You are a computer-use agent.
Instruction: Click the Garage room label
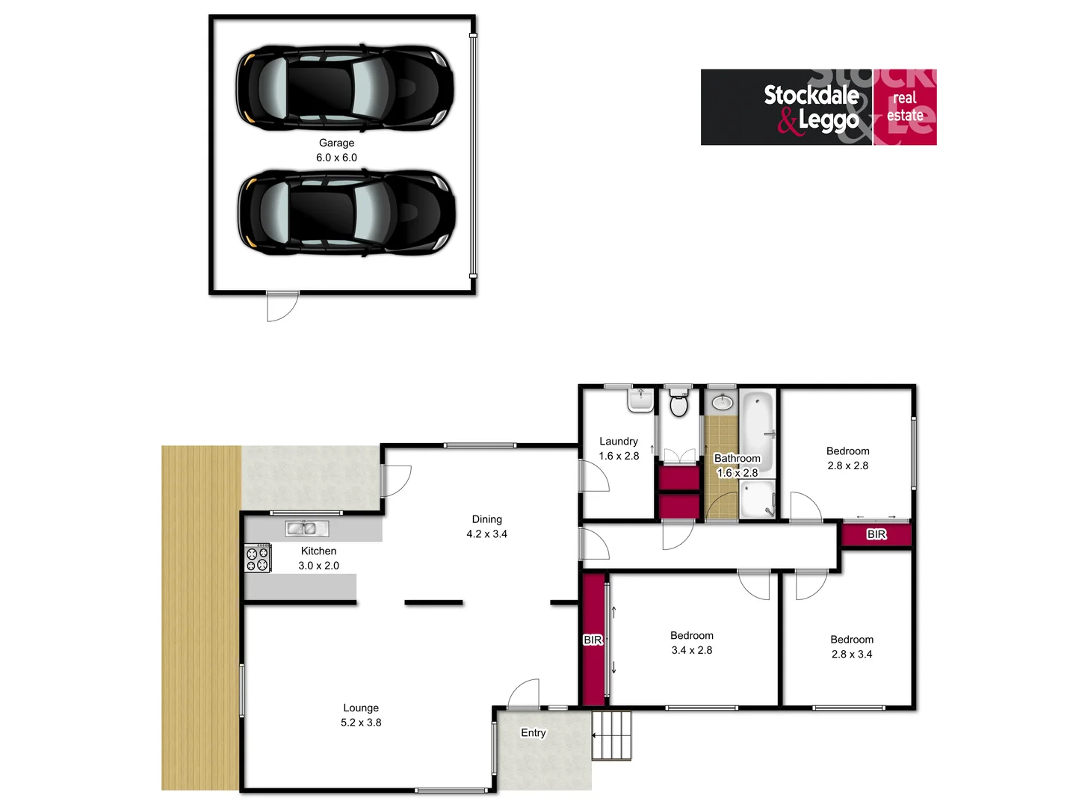pyautogui.click(x=336, y=143)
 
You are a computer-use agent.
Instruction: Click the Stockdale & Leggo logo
pyautogui.click(x=818, y=107)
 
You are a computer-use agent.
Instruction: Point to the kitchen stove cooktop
pyautogui.click(x=258, y=559)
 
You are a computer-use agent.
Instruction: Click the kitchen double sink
pyautogui.click(x=306, y=528)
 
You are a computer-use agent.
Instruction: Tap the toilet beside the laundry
pyautogui.click(x=678, y=404)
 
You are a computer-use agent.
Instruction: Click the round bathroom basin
pyautogui.click(x=722, y=403)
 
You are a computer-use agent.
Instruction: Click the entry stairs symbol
pyautogui.click(x=612, y=735)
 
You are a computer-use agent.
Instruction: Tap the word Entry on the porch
pyautogui.click(x=533, y=733)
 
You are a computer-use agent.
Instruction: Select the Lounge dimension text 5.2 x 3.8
pyautogui.click(x=361, y=723)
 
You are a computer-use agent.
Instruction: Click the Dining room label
pyautogui.click(x=486, y=519)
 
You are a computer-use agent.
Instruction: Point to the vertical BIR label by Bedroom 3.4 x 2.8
pyautogui.click(x=593, y=640)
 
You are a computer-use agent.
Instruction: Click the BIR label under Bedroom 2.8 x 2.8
pyautogui.click(x=876, y=534)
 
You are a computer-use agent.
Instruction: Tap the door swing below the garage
pyautogui.click(x=282, y=306)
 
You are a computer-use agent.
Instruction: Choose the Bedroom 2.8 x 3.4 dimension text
pyautogui.click(x=852, y=654)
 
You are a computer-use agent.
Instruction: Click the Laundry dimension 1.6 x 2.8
pyautogui.click(x=619, y=456)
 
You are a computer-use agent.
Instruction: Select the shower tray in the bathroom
pyautogui.click(x=758, y=499)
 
